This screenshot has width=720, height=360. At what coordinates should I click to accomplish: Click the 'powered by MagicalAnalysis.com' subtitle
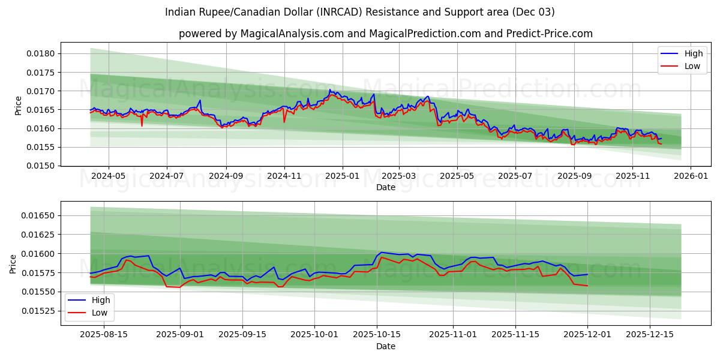[x=385, y=34]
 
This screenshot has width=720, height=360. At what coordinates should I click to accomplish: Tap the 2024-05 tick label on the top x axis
[x=109, y=176]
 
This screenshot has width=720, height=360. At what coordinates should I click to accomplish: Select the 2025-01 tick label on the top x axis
[x=343, y=176]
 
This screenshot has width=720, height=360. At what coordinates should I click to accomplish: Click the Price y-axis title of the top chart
[x=18, y=106]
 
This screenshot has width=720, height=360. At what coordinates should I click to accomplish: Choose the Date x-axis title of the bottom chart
[x=385, y=346]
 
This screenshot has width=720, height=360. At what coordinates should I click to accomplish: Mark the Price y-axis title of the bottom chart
[x=13, y=264]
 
